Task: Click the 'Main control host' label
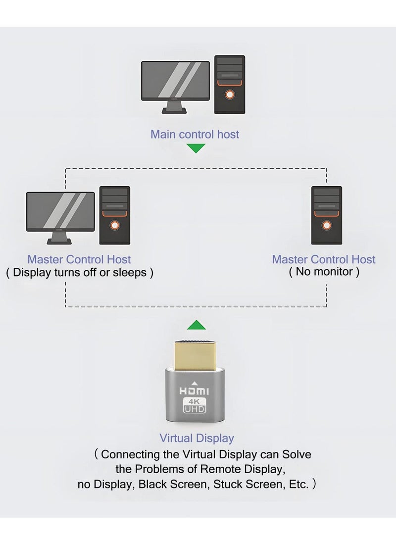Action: [195, 135]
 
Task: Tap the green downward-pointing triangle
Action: [197, 148]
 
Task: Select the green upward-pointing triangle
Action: [197, 325]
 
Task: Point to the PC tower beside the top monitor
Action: [229, 85]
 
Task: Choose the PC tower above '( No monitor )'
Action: [326, 215]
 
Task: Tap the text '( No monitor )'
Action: [324, 272]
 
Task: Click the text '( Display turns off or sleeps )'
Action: [80, 273]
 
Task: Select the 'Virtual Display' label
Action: [197, 438]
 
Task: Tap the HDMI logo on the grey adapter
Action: [194, 392]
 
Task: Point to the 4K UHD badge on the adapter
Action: [194, 405]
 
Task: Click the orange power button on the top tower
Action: [229, 95]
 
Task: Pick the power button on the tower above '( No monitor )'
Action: [326, 226]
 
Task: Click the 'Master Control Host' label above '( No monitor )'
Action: [324, 259]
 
